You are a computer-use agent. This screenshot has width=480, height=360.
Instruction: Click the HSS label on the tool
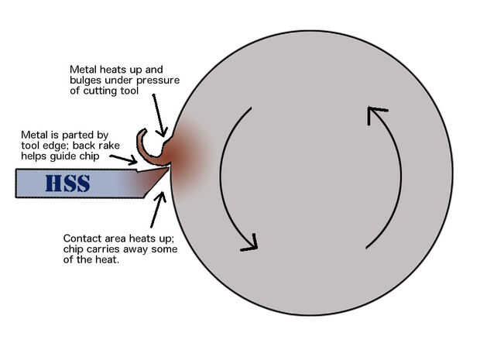point(67,184)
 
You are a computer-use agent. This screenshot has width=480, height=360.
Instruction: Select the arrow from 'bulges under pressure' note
point(159,117)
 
